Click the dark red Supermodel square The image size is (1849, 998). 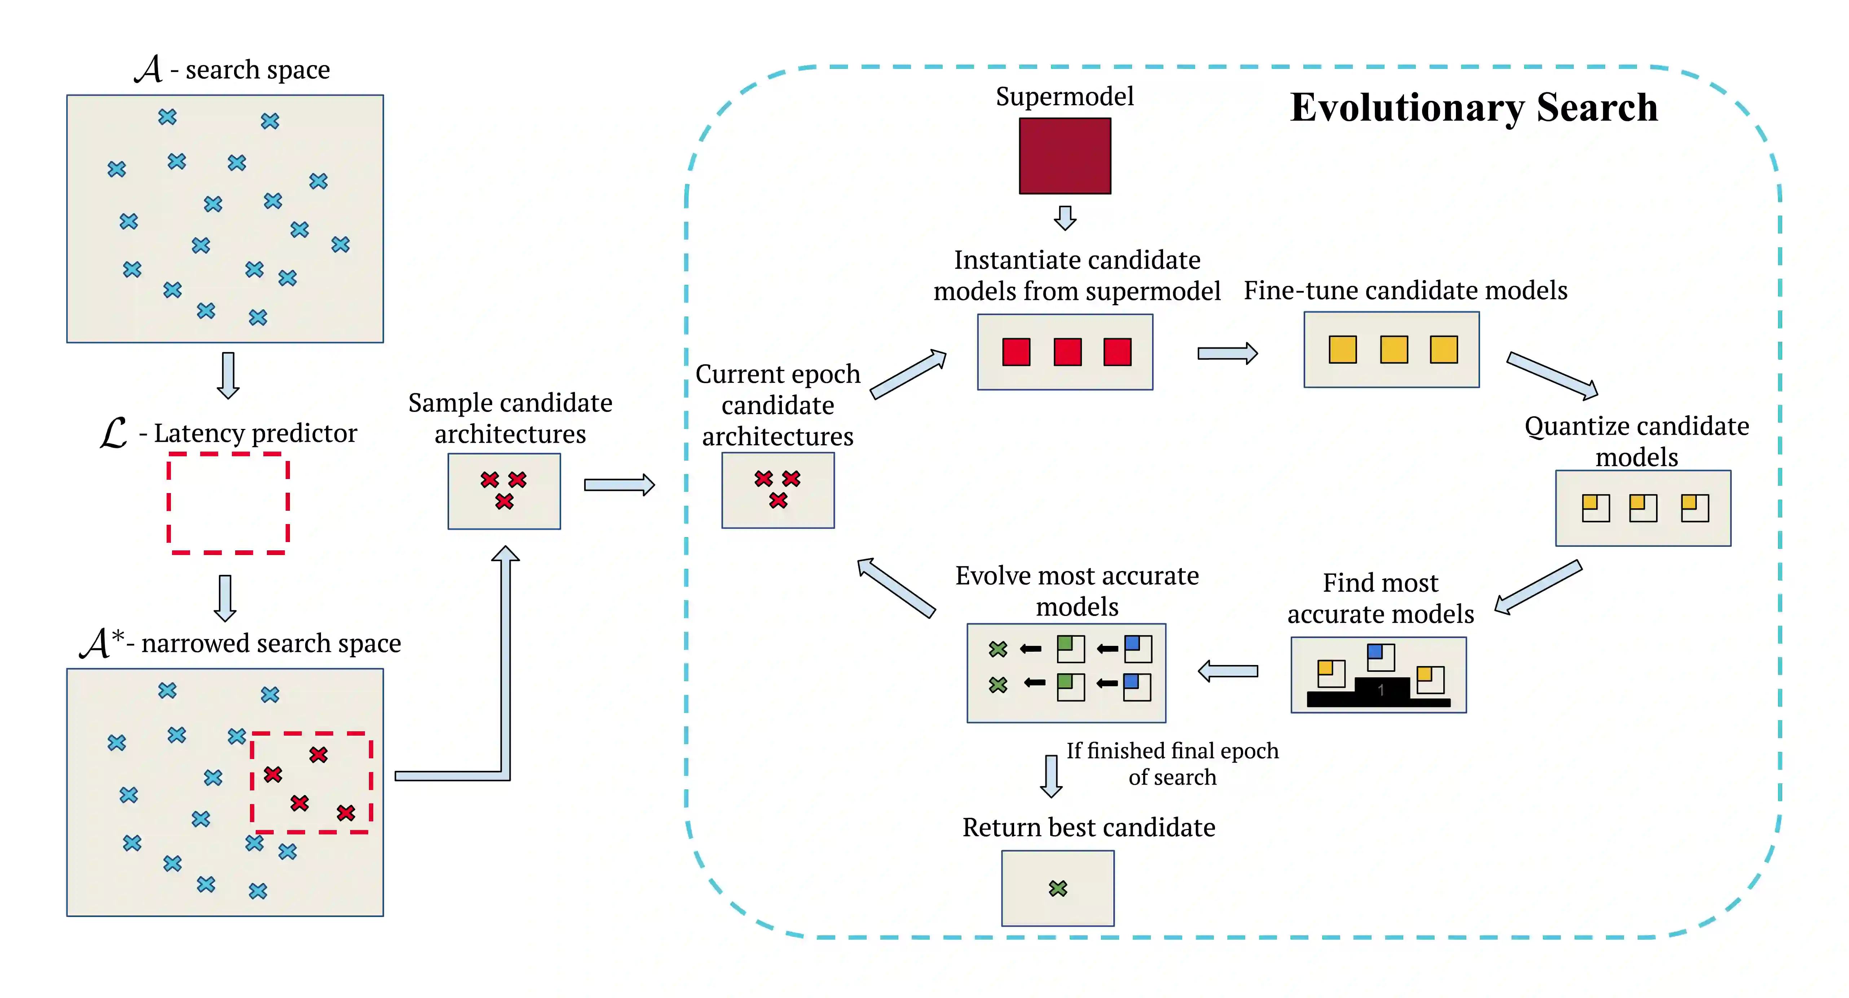tap(1065, 156)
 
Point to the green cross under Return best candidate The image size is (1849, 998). tap(1058, 888)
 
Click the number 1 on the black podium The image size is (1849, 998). tap(1380, 690)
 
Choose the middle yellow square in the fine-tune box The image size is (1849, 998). tap(1393, 349)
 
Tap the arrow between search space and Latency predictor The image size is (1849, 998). tap(228, 374)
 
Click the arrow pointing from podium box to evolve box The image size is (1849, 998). tap(1228, 671)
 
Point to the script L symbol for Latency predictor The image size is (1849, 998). tap(113, 433)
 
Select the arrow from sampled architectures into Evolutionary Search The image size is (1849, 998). tap(619, 485)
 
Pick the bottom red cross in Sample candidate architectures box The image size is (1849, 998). tap(505, 501)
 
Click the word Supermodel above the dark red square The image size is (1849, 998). tap(1065, 96)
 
